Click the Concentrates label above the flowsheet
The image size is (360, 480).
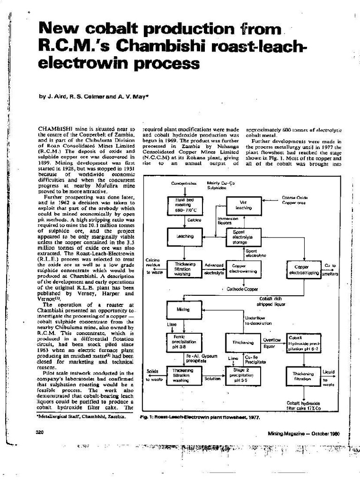coord(183,183)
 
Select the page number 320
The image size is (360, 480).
coord(39,432)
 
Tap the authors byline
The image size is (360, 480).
coord(94,97)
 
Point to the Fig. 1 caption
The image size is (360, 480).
coord(200,416)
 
